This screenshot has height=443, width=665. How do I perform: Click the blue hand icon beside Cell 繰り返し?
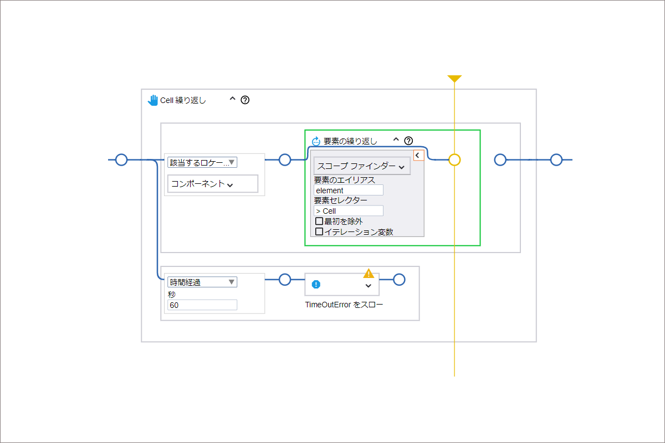coord(153,100)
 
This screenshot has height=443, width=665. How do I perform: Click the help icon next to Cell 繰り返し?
coord(245,100)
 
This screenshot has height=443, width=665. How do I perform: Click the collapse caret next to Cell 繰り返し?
coord(232,99)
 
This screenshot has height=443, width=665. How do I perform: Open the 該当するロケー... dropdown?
coord(202,162)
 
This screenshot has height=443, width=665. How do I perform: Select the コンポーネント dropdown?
coord(213,184)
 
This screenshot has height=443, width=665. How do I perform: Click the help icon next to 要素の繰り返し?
coord(408,141)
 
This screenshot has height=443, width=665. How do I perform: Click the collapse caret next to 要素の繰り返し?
coord(396,140)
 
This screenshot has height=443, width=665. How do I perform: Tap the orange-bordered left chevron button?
coord(418,155)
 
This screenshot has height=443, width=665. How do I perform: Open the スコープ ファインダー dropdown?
coord(362,166)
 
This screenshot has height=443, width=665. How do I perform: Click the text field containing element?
coord(348,190)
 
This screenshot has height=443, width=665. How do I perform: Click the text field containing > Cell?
coord(348,210)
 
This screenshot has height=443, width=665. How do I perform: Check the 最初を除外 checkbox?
coord(319,221)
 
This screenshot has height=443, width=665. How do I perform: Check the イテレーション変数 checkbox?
coord(319,231)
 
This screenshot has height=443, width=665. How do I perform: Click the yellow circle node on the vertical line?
coord(454,160)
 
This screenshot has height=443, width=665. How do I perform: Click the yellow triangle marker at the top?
coord(454,78)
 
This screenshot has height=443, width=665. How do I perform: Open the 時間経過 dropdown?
coord(202,282)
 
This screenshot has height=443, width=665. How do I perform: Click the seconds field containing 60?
coord(202,305)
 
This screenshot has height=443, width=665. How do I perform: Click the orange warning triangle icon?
coord(369,274)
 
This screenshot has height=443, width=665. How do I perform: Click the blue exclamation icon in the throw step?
coord(316,285)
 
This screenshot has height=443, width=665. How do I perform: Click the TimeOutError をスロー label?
coord(344,305)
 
